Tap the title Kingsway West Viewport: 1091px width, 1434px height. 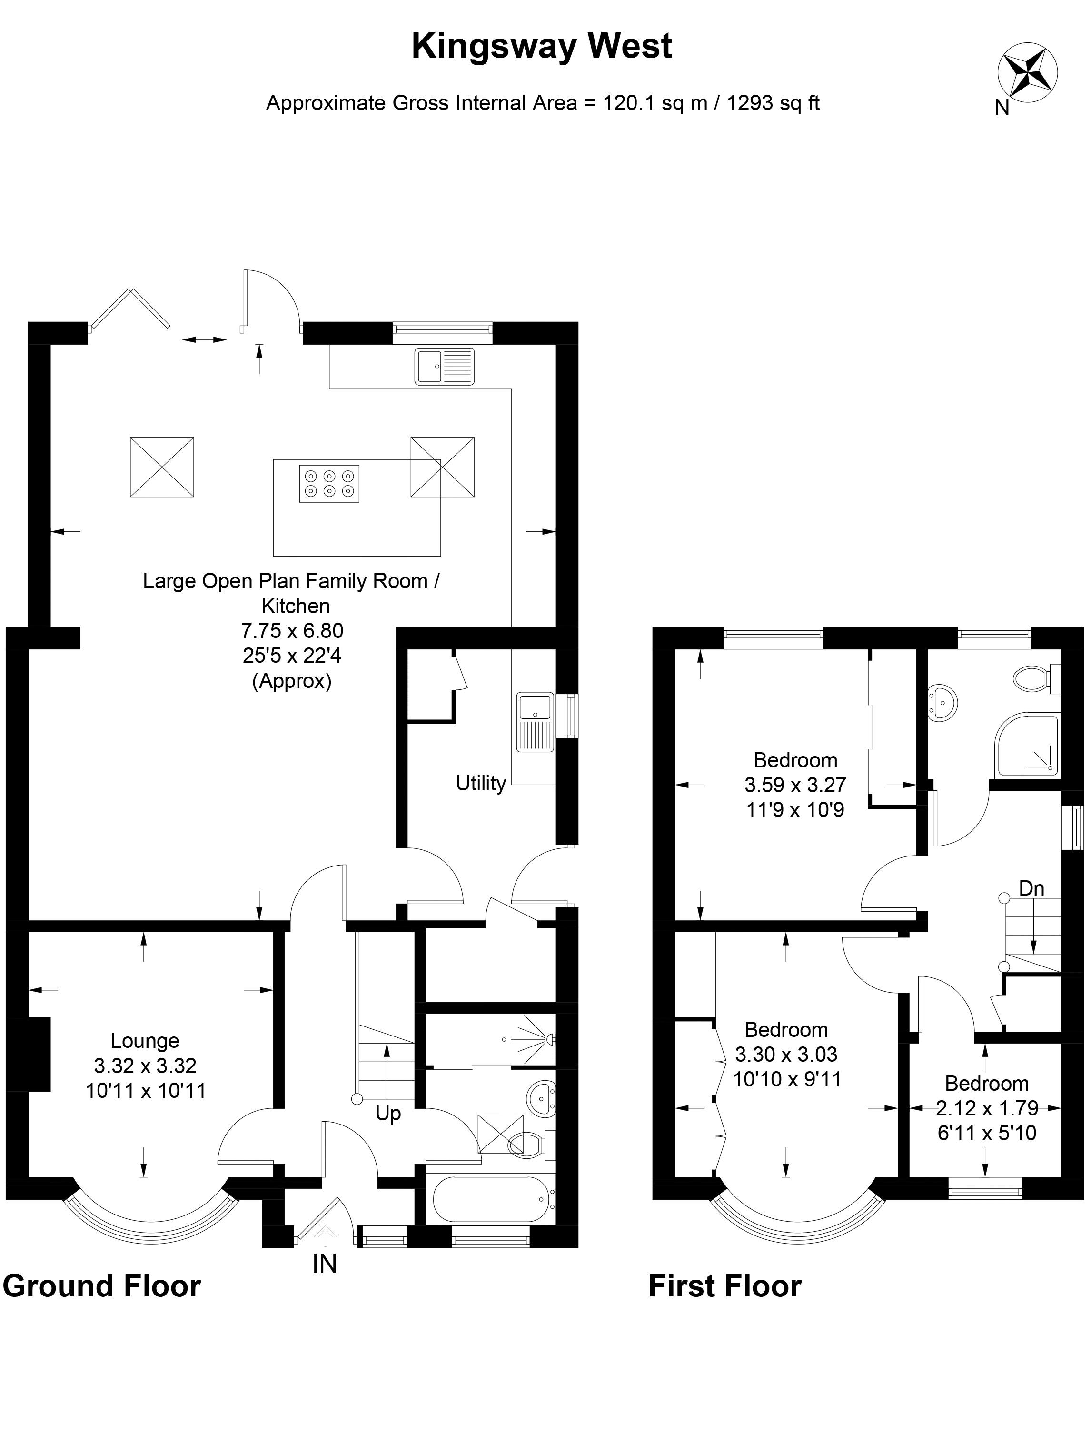542,47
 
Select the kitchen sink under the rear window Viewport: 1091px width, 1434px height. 445,366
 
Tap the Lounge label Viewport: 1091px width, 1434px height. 145,1040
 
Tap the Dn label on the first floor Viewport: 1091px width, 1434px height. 1031,888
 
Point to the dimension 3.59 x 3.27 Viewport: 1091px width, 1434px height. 795,785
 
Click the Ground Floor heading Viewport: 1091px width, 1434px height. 102,1286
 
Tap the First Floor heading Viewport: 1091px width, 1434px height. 725,1286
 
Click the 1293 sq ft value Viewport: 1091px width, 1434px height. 773,103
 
